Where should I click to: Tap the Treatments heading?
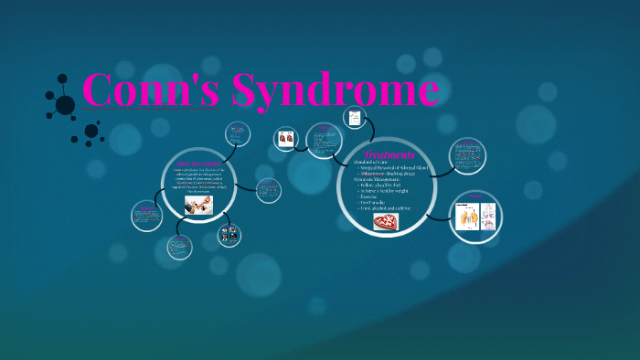tap(389, 154)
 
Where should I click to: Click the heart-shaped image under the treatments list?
tap(386, 222)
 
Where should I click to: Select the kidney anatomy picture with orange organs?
tap(469, 217)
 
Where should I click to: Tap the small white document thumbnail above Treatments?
tap(354, 118)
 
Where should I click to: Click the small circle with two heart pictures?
tap(286, 139)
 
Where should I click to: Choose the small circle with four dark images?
tap(229, 235)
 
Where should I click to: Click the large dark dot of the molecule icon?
tap(65, 105)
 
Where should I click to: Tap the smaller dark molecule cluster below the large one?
tap(91, 132)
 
